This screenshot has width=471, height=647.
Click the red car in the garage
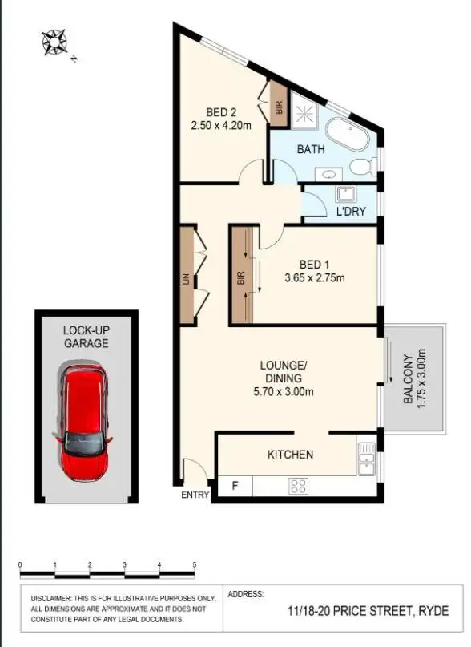(83, 423)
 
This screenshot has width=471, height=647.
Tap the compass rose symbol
(55, 42)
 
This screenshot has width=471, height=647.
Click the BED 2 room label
(221, 112)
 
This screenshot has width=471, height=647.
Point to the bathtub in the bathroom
(347, 132)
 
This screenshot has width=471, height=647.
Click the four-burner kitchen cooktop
(298, 485)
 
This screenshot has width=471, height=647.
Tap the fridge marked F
(235, 486)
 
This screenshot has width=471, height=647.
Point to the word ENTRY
(195, 495)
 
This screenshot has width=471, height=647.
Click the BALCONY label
(408, 379)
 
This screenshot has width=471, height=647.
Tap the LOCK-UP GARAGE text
(86, 337)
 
